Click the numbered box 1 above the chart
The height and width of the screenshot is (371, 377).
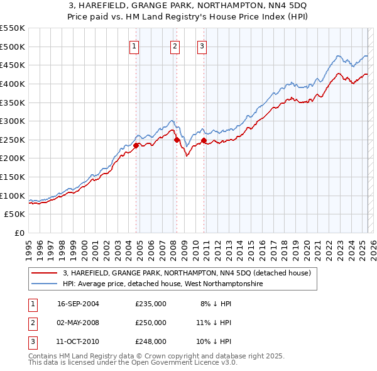point(135,45)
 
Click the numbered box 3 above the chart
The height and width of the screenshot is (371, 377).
point(202,45)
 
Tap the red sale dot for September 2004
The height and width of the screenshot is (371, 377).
point(136,145)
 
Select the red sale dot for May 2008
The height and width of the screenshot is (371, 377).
point(177,140)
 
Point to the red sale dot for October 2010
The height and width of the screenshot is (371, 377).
point(204,140)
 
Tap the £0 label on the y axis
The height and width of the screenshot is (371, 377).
point(18,233)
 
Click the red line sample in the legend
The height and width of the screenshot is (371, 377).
point(45,274)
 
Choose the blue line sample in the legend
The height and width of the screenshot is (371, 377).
point(45,284)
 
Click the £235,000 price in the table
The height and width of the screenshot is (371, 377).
point(151,304)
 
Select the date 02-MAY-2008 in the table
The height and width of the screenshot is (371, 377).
point(78,323)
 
